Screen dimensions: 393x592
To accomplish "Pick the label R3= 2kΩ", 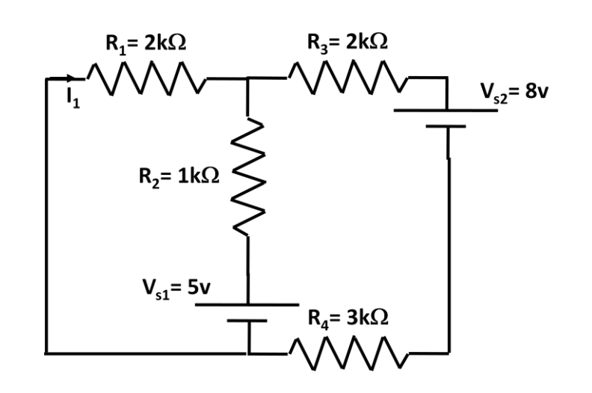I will point(348,43).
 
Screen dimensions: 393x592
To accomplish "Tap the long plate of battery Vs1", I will point(247,306).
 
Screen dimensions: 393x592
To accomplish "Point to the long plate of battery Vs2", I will point(446,111).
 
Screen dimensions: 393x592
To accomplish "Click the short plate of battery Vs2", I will point(446,126).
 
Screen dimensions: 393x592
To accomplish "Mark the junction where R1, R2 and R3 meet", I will point(247,77).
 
